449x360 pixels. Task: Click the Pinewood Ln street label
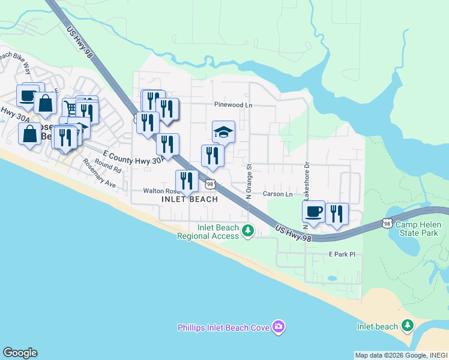click(x=234, y=104)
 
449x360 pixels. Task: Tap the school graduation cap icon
click(x=223, y=131)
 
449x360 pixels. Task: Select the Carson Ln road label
click(x=277, y=194)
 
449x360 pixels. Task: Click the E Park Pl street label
click(x=342, y=254)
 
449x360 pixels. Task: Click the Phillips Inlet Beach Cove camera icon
click(x=279, y=327)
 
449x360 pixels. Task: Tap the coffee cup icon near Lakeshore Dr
click(x=313, y=211)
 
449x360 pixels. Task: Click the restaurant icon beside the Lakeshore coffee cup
click(x=337, y=214)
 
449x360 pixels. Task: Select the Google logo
click(x=20, y=353)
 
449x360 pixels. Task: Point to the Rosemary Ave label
click(x=99, y=173)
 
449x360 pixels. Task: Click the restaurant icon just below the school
click(x=212, y=155)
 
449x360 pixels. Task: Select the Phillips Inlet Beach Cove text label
click(x=223, y=328)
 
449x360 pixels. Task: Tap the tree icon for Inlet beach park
click(x=408, y=326)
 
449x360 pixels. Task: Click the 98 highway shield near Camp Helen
click(x=388, y=223)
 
